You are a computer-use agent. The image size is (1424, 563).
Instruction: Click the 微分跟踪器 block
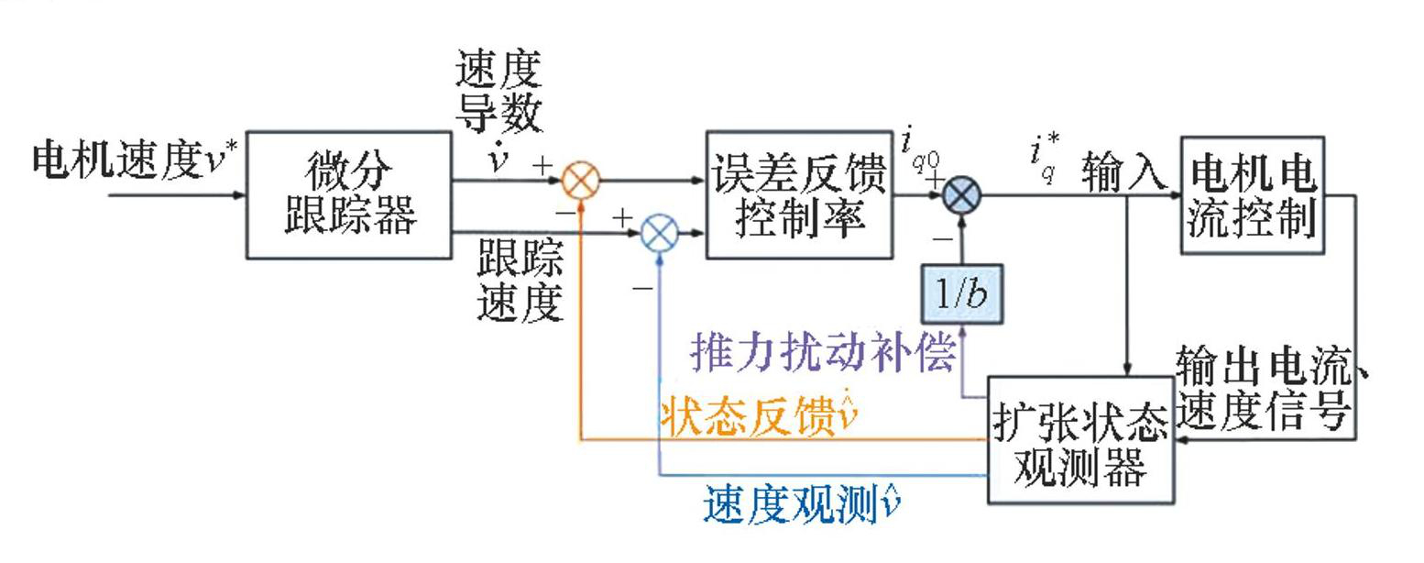(349, 194)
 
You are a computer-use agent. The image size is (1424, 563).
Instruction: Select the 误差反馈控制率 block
(799, 194)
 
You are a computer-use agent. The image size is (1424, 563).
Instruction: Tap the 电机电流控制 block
(1252, 194)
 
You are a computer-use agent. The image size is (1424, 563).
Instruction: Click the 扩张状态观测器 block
(1080, 439)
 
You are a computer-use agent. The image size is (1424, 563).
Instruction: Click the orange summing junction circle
(580, 180)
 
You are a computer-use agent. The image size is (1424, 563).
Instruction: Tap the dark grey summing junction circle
(962, 194)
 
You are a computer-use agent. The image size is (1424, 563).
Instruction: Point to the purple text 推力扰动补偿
(822, 352)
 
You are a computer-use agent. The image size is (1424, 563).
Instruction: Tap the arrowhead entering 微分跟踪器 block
(241, 194)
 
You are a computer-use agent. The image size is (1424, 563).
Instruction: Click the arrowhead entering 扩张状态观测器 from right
(1180, 439)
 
